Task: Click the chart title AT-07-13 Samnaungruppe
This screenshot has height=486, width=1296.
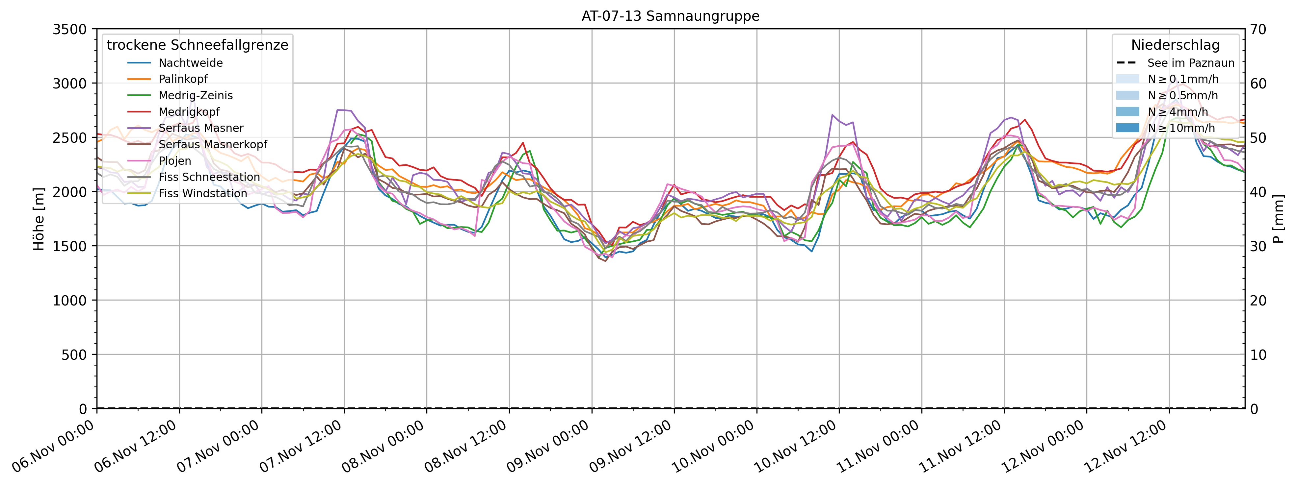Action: point(670,16)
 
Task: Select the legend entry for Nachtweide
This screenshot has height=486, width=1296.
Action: point(190,63)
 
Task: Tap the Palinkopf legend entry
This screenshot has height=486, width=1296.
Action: point(183,79)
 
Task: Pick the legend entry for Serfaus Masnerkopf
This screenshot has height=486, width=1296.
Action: point(212,144)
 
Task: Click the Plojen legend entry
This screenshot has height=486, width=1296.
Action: point(174,161)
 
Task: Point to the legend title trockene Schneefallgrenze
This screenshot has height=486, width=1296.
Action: point(197,45)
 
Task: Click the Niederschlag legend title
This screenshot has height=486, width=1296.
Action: point(1175,45)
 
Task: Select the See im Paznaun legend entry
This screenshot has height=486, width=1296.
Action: point(1190,63)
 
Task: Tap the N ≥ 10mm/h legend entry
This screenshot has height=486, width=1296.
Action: point(1181,128)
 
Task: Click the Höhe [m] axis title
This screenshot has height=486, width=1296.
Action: point(39,219)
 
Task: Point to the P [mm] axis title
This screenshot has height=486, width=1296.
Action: point(1279,219)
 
